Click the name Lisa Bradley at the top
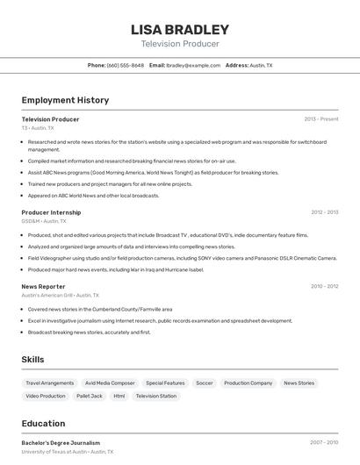(x=180, y=29)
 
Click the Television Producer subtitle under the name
(x=180, y=44)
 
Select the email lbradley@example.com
(x=193, y=65)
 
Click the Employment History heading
(x=65, y=100)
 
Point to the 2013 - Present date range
(x=320, y=119)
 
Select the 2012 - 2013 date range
(x=324, y=212)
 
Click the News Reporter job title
(x=43, y=286)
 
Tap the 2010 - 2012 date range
(x=324, y=286)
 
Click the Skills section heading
(x=32, y=360)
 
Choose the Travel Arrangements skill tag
(x=50, y=383)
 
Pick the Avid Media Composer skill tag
(x=110, y=383)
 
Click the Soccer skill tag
(x=204, y=383)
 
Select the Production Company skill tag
(x=248, y=383)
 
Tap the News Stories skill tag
(x=299, y=383)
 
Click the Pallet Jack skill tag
(x=90, y=397)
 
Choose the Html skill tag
(x=119, y=397)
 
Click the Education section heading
(x=43, y=424)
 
